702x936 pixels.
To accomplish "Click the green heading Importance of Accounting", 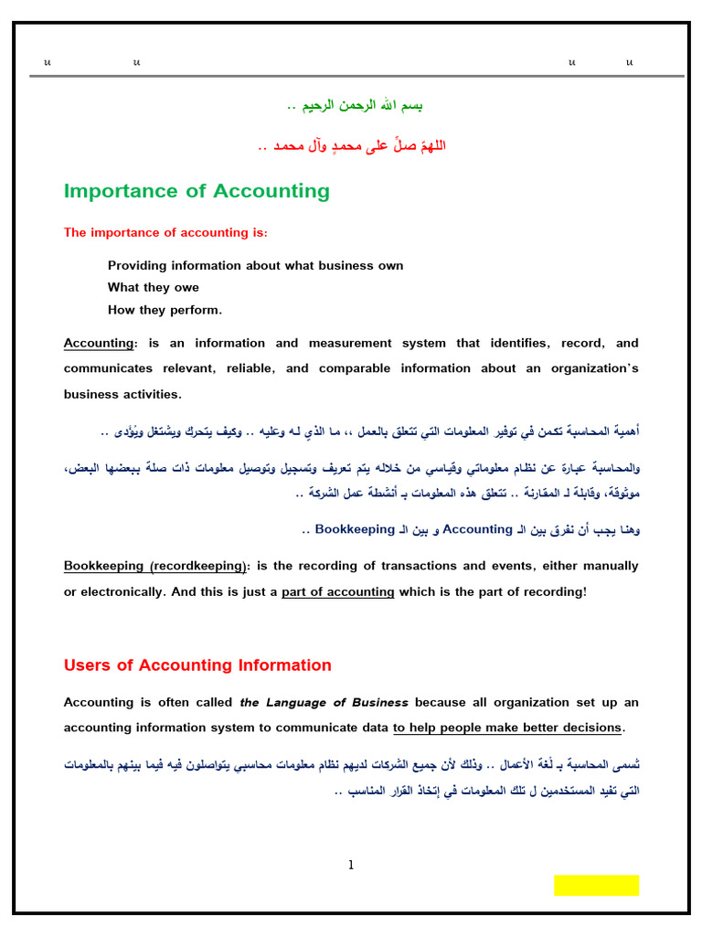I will pyautogui.click(x=197, y=191).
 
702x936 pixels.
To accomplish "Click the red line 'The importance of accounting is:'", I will pyautogui.click(x=165, y=233).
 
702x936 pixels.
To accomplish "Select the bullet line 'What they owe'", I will pyautogui.click(x=153, y=288).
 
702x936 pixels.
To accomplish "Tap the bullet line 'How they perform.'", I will pyautogui.click(x=165, y=310).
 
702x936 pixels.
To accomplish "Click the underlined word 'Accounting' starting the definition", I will pyautogui.click(x=98, y=344).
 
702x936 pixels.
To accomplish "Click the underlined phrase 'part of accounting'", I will pyautogui.click(x=337, y=591).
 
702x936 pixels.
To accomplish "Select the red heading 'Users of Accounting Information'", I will pyautogui.click(x=197, y=665).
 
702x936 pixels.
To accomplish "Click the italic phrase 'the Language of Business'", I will pyautogui.click(x=324, y=702).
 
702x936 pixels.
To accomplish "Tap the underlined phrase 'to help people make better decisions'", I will pyautogui.click(x=507, y=728).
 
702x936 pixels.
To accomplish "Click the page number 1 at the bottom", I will pyautogui.click(x=350, y=866).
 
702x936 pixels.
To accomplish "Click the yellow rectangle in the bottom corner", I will pyautogui.click(x=596, y=885).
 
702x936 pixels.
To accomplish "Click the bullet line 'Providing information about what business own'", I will pyautogui.click(x=255, y=266).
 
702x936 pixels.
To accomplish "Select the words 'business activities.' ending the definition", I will pyautogui.click(x=122, y=395).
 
